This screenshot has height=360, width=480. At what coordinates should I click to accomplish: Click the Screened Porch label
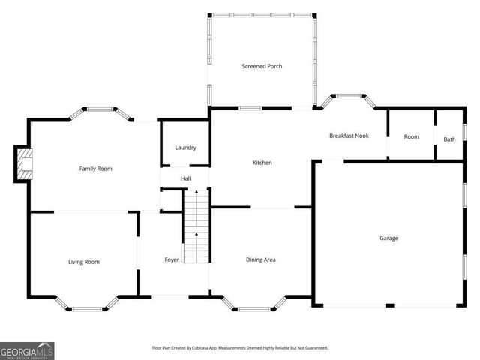[x=262, y=66]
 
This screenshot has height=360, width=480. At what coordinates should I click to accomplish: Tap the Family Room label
[x=96, y=169]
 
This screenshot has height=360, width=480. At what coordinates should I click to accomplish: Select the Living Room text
[x=84, y=262]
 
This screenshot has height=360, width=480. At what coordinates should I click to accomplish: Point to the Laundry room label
[x=185, y=148]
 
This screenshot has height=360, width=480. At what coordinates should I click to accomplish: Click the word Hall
[x=185, y=178]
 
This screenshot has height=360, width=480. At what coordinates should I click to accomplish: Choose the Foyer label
[x=172, y=259]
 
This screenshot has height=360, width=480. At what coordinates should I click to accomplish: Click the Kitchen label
[x=262, y=163]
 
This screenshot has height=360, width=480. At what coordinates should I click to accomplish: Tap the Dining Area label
[x=261, y=259]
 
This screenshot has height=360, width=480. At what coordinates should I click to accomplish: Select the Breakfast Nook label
[x=349, y=136]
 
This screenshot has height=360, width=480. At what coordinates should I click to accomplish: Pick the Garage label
[x=388, y=238]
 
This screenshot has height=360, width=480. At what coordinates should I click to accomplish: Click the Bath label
[x=449, y=139]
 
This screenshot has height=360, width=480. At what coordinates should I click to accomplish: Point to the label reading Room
[x=411, y=136]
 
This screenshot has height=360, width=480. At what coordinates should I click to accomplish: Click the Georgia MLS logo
[x=27, y=350]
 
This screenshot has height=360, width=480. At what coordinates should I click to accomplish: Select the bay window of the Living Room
[x=89, y=305]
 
